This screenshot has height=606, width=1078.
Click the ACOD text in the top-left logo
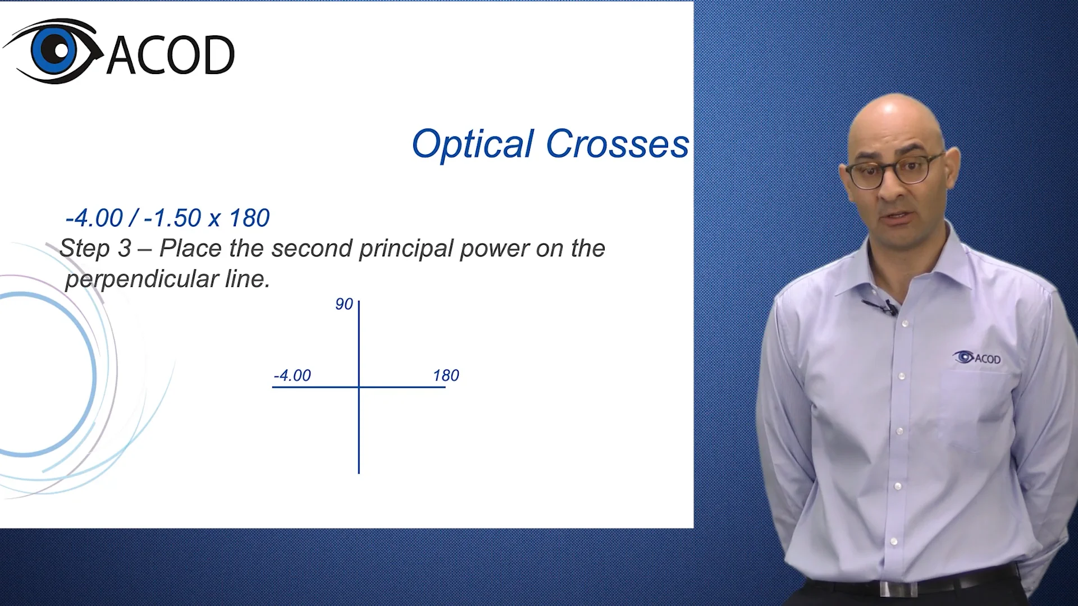171,55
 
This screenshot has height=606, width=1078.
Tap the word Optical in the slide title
473,144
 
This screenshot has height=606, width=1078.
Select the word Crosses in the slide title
617,144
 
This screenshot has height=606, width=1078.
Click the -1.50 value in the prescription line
172,218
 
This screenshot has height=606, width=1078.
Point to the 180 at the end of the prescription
249,218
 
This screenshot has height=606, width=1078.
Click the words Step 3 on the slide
95,248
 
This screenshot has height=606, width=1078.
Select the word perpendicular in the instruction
142,279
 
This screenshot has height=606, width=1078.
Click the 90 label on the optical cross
344,304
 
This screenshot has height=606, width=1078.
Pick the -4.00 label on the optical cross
292,375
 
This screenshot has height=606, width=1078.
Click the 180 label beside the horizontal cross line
446,375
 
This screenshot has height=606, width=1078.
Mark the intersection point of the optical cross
359,387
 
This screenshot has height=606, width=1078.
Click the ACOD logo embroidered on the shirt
977,357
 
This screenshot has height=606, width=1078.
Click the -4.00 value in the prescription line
94,218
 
